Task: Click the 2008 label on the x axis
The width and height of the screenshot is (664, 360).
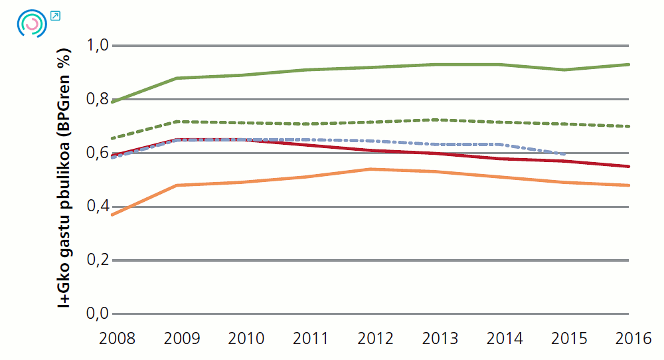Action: click(117, 339)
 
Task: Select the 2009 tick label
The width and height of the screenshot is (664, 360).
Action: click(181, 339)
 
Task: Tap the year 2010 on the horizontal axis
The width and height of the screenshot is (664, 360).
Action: click(246, 339)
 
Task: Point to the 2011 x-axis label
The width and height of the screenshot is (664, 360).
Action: click(310, 339)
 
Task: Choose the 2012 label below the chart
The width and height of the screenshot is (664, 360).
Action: click(375, 339)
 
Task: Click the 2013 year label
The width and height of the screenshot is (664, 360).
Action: click(440, 339)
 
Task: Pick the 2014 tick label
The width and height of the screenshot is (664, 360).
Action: click(504, 339)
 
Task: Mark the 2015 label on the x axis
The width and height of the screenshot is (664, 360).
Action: click(568, 339)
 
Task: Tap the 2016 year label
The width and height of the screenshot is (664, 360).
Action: click(632, 339)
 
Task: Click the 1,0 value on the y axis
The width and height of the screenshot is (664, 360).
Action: click(98, 46)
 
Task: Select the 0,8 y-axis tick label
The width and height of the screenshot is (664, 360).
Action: click(98, 100)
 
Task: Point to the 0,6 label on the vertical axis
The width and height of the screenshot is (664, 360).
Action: click(98, 153)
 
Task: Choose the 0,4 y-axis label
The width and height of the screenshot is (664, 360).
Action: click(98, 207)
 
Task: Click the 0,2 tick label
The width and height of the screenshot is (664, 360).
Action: click(98, 260)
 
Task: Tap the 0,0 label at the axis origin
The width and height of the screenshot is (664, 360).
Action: click(98, 314)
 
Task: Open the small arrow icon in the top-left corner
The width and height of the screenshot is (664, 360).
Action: click(55, 16)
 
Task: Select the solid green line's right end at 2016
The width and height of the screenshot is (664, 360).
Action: click(629, 64)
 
